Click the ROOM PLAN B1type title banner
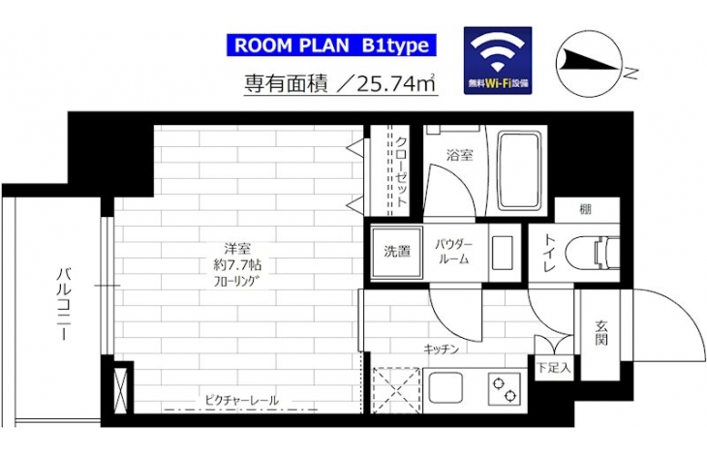pyautogui.click(x=331, y=45)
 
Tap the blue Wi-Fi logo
pyautogui.click(x=498, y=60)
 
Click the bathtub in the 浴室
pyautogui.click(x=519, y=170)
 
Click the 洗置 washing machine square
pyautogui.click(x=397, y=252)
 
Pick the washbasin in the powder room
pyautogui.click(x=503, y=253)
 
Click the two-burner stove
pyautogui.click(x=504, y=389)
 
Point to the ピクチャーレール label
pyautogui.click(x=241, y=400)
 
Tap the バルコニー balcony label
pyautogui.click(x=64, y=304)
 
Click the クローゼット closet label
pyautogui.click(x=401, y=172)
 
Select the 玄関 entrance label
pyautogui.click(x=600, y=332)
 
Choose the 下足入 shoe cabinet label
pyautogui.click(x=554, y=368)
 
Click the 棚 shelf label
pyautogui.click(x=585, y=209)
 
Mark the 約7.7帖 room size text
pyautogui.click(x=237, y=265)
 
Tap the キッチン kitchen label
pyautogui.click(x=441, y=349)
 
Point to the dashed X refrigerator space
pyautogui.click(x=397, y=390)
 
